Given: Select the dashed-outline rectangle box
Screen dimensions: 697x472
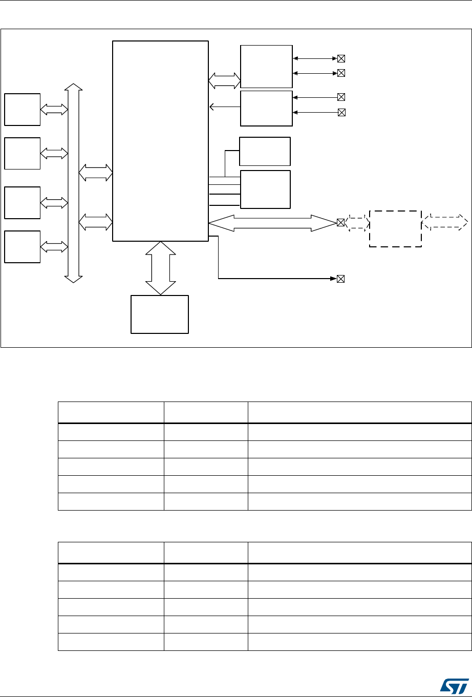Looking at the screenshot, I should [x=395, y=228].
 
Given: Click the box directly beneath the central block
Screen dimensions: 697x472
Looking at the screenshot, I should [x=160, y=314].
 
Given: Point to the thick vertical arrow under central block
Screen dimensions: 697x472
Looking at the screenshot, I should [x=160, y=267].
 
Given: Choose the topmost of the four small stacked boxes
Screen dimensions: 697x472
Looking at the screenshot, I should [x=22, y=109].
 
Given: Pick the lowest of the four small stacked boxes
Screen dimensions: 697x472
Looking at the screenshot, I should [x=22, y=246].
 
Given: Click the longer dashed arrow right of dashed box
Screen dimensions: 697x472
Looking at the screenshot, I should [x=445, y=222].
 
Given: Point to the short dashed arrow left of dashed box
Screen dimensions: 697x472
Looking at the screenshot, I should [x=357, y=223].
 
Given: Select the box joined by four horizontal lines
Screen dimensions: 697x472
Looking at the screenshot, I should [x=265, y=189].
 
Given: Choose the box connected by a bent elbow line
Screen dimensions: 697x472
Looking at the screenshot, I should [x=265, y=151].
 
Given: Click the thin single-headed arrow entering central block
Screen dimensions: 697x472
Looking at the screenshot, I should [x=225, y=107].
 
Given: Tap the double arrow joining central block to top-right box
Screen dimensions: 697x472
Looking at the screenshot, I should [x=224, y=80].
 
